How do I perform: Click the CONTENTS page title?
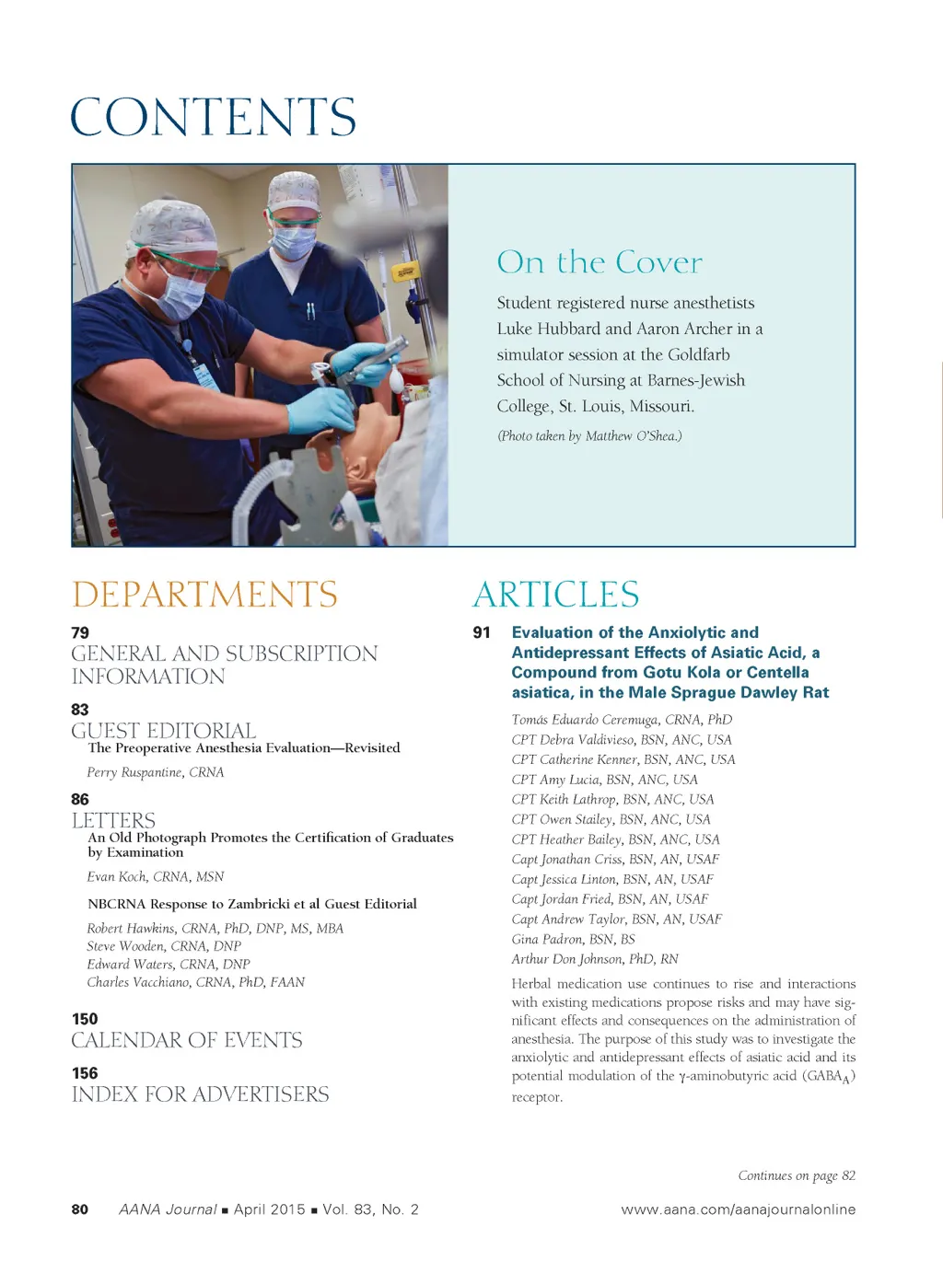tap(213, 117)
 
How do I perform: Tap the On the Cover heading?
tap(600, 262)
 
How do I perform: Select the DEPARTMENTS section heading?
tap(204, 595)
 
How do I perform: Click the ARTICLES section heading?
tap(556, 595)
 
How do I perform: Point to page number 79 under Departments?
tap(80, 633)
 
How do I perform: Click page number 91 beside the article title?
tap(482, 633)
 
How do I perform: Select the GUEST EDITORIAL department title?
tap(164, 731)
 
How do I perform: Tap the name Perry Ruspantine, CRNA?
tap(156, 772)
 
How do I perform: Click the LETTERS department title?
tap(113, 820)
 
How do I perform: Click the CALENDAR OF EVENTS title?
tap(187, 1040)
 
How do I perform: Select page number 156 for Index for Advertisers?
tap(85, 1073)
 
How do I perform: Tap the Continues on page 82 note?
tap(797, 1175)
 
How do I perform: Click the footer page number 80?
tap(80, 1209)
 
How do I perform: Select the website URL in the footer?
tap(738, 1209)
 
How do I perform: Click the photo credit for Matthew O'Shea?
tap(589, 436)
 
